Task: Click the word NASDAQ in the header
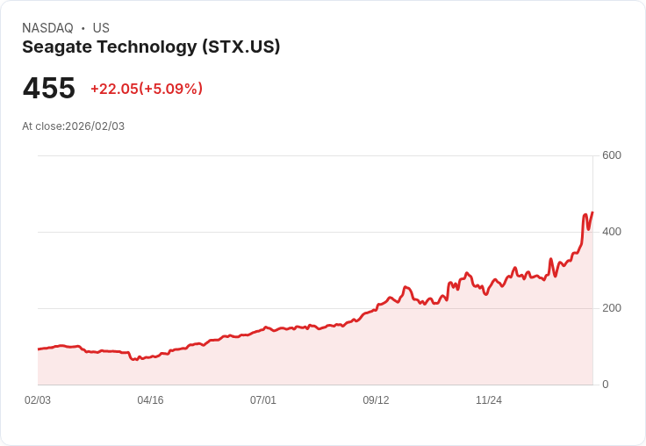[47, 28]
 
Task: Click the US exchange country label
[101, 28]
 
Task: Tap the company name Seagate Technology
[108, 47]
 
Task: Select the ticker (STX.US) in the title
[240, 47]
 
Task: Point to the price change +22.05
[114, 89]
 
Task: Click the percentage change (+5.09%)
[171, 89]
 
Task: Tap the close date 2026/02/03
[95, 126]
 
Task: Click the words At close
[42, 126]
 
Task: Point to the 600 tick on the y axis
[611, 155]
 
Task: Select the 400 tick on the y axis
[611, 232]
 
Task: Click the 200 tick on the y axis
[611, 308]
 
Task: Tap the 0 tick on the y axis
[605, 385]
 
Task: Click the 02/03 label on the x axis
[38, 400]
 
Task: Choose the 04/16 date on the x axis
[150, 400]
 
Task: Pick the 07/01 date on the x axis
[263, 400]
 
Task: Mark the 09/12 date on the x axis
[376, 400]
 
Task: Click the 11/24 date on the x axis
[489, 400]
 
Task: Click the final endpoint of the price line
[592, 212]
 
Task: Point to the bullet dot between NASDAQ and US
[83, 28]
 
